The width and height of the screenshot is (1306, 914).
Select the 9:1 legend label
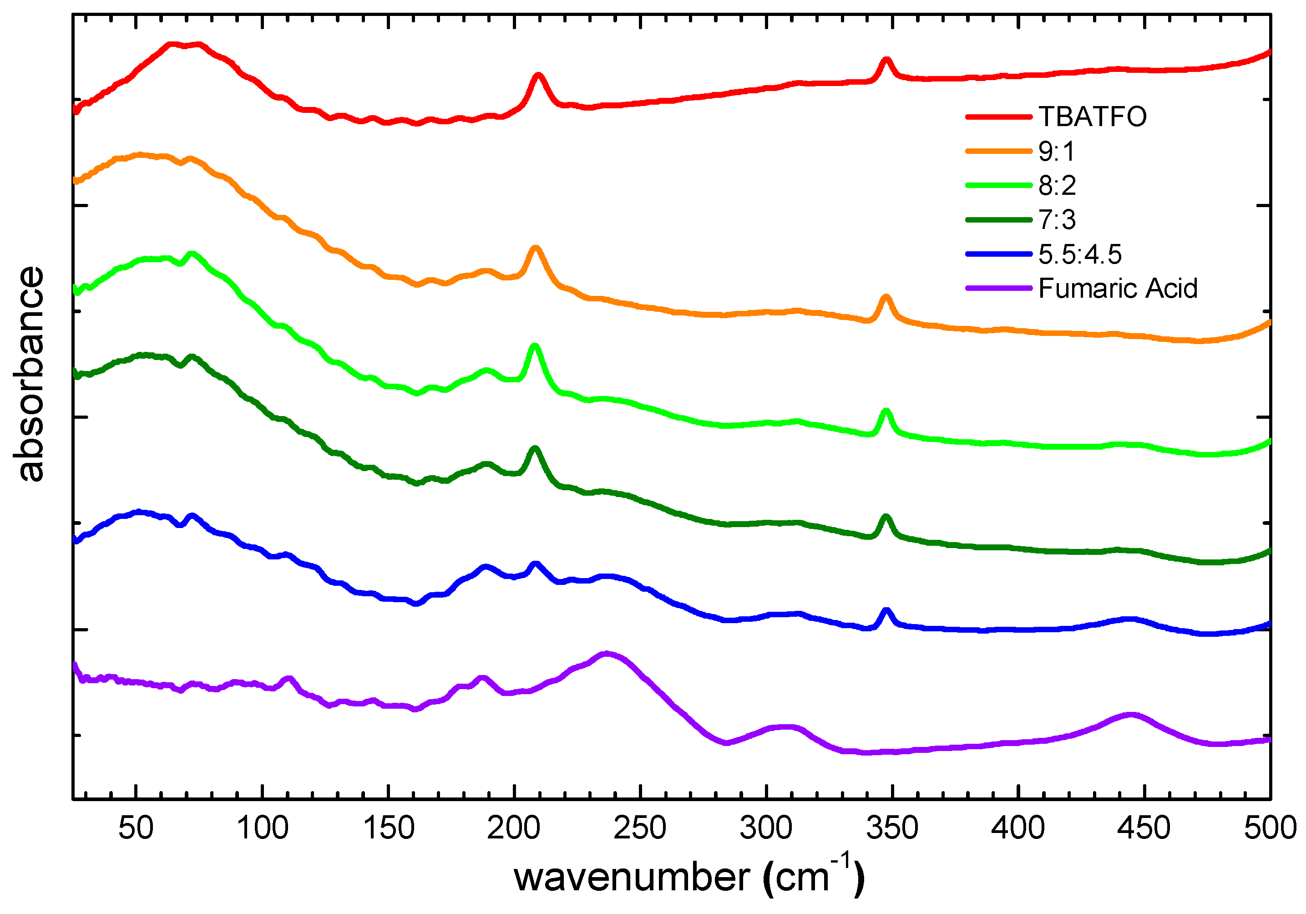pyautogui.click(x=1056, y=152)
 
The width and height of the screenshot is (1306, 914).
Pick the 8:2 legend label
pyautogui.click(x=1057, y=186)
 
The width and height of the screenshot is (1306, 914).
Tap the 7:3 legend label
pyautogui.click(x=1057, y=220)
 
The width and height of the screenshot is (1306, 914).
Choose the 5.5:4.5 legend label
pyautogui.click(x=1079, y=254)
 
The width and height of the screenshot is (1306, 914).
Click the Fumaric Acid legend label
pyautogui.click(x=1118, y=289)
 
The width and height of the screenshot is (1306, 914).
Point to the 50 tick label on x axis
pyautogui.click(x=136, y=828)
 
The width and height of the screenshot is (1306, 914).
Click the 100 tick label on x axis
pyautogui.click(x=262, y=828)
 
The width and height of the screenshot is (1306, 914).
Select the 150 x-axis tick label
pyautogui.click(x=389, y=828)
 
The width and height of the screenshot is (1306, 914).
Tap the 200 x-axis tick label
pyautogui.click(x=514, y=828)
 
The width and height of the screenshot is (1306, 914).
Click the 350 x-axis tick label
pyautogui.click(x=892, y=828)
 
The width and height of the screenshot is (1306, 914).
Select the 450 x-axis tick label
pyautogui.click(x=1144, y=828)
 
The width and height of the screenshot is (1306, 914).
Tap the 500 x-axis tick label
pyautogui.click(x=1270, y=828)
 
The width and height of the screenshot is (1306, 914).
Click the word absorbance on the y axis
pyautogui.click(x=28, y=374)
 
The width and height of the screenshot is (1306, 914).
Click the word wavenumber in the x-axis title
pyautogui.click(x=632, y=877)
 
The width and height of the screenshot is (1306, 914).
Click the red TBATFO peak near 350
pyautogui.click(x=886, y=60)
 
